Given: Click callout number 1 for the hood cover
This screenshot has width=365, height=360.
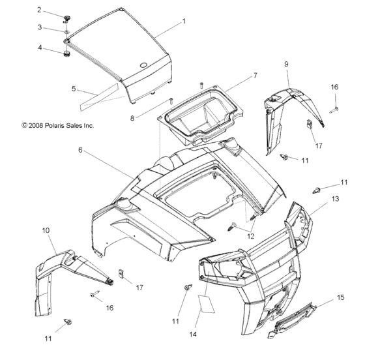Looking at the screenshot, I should [x=184, y=22].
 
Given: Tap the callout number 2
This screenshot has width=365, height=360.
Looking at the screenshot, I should [x=57, y=10].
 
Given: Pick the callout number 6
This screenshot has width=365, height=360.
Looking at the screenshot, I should [x=98, y=149].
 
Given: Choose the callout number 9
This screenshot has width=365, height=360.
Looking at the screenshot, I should [x=286, y=63].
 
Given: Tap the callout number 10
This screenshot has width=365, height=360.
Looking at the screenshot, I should [x=46, y=230].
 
